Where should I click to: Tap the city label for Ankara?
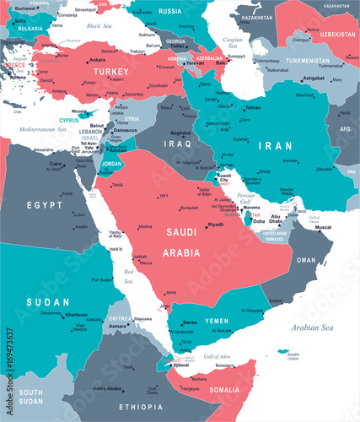(97, 60)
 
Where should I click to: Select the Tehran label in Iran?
(252, 108)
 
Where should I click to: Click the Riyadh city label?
(216, 225)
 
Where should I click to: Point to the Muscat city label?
(323, 227)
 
